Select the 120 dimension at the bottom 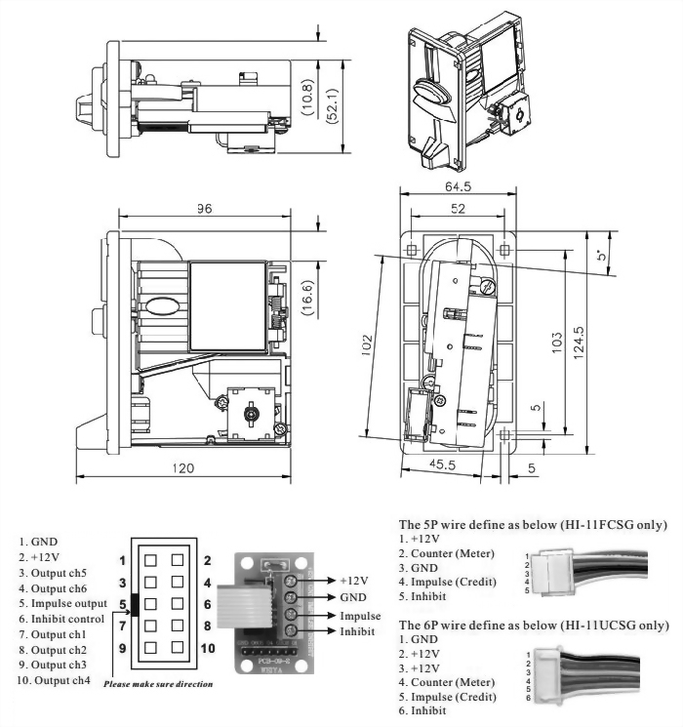point(182,468)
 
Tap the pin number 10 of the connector point(208,647)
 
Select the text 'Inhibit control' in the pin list point(68,619)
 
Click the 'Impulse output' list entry point(68,604)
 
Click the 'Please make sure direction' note point(159,684)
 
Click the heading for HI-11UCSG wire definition point(533,624)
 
